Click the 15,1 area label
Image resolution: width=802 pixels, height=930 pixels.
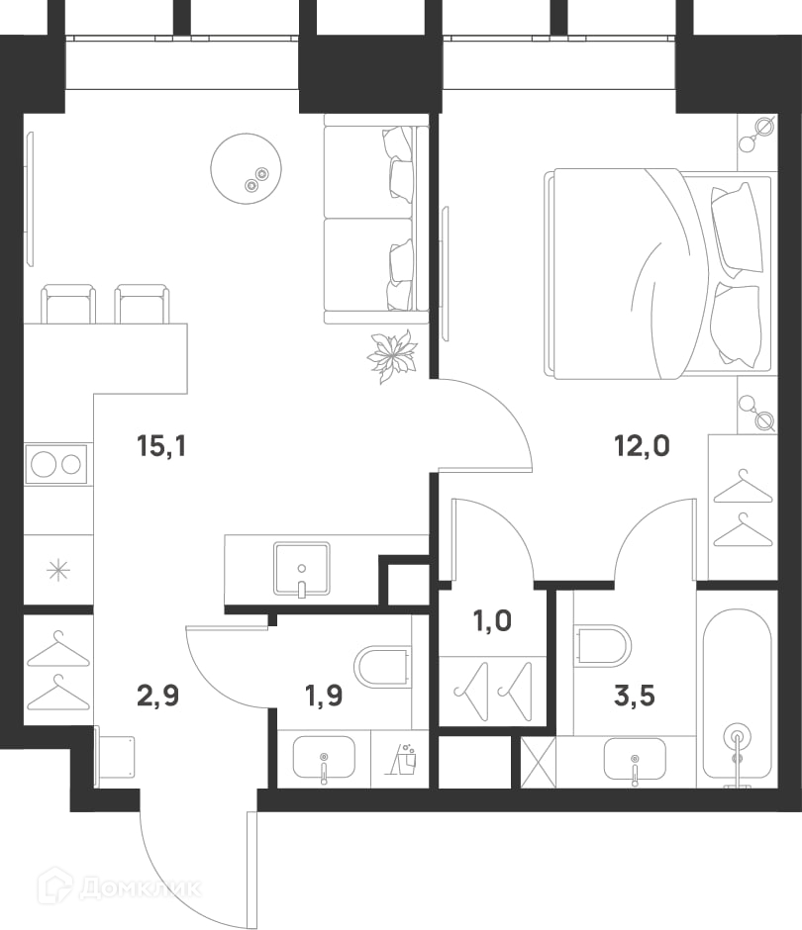tap(161, 445)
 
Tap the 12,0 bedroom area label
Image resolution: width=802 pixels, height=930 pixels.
tap(642, 445)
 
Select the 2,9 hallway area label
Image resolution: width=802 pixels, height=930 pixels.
tap(157, 696)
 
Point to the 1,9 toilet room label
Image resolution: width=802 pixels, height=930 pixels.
tap(324, 696)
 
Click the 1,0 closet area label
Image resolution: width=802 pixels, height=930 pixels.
tap(492, 621)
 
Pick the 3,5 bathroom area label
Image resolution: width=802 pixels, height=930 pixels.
tap(635, 696)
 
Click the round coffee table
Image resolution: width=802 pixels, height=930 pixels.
tap(246, 168)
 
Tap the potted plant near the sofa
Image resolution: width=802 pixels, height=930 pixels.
tap(392, 356)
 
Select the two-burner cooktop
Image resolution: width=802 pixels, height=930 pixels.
tap(55, 464)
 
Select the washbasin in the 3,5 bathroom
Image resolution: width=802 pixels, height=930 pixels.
tap(635, 759)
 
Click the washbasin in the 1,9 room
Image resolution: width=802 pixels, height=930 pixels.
tap(324, 758)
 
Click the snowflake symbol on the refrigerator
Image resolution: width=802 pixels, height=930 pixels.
tap(58, 571)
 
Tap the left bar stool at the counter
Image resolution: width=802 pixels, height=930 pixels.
tap(68, 304)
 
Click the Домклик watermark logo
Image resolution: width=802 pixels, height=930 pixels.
tap(120, 887)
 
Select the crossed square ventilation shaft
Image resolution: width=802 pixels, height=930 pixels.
tap(538, 762)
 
